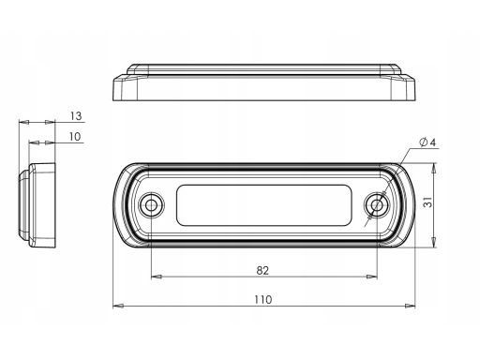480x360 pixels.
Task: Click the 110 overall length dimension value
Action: (x=263, y=300)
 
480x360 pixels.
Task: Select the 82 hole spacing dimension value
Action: (x=262, y=270)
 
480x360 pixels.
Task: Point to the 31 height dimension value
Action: (x=428, y=202)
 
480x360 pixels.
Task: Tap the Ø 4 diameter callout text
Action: (x=427, y=142)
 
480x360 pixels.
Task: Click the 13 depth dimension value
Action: (x=76, y=116)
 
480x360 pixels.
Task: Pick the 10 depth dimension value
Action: (x=75, y=137)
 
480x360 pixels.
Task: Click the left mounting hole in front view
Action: (x=152, y=205)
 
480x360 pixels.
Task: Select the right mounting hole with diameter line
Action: (x=377, y=205)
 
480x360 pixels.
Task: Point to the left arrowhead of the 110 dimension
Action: (x=118, y=306)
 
